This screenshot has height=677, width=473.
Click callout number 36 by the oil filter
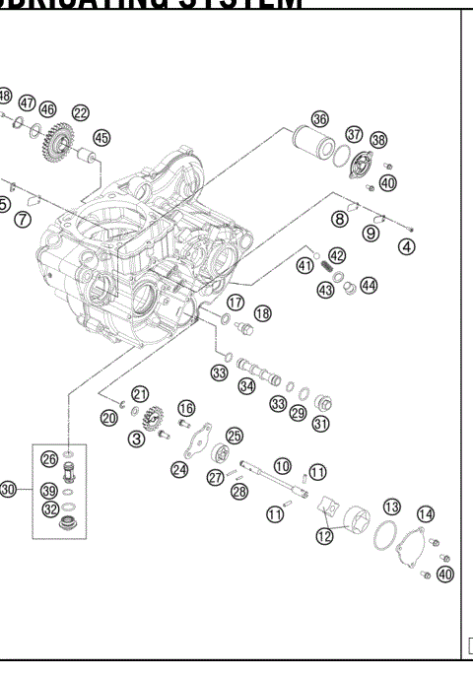click(319, 118)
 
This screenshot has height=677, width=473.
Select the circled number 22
click(80, 113)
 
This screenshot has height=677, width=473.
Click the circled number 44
click(369, 285)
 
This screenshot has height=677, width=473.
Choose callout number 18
click(262, 312)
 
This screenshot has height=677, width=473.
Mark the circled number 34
click(246, 387)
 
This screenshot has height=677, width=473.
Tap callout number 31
click(320, 424)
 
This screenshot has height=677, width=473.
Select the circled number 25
click(234, 436)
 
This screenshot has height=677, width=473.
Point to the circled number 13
click(391, 506)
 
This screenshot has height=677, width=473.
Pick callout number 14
click(425, 513)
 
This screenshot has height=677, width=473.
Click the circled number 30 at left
click(9, 489)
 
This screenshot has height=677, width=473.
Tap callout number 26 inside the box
click(48, 458)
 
